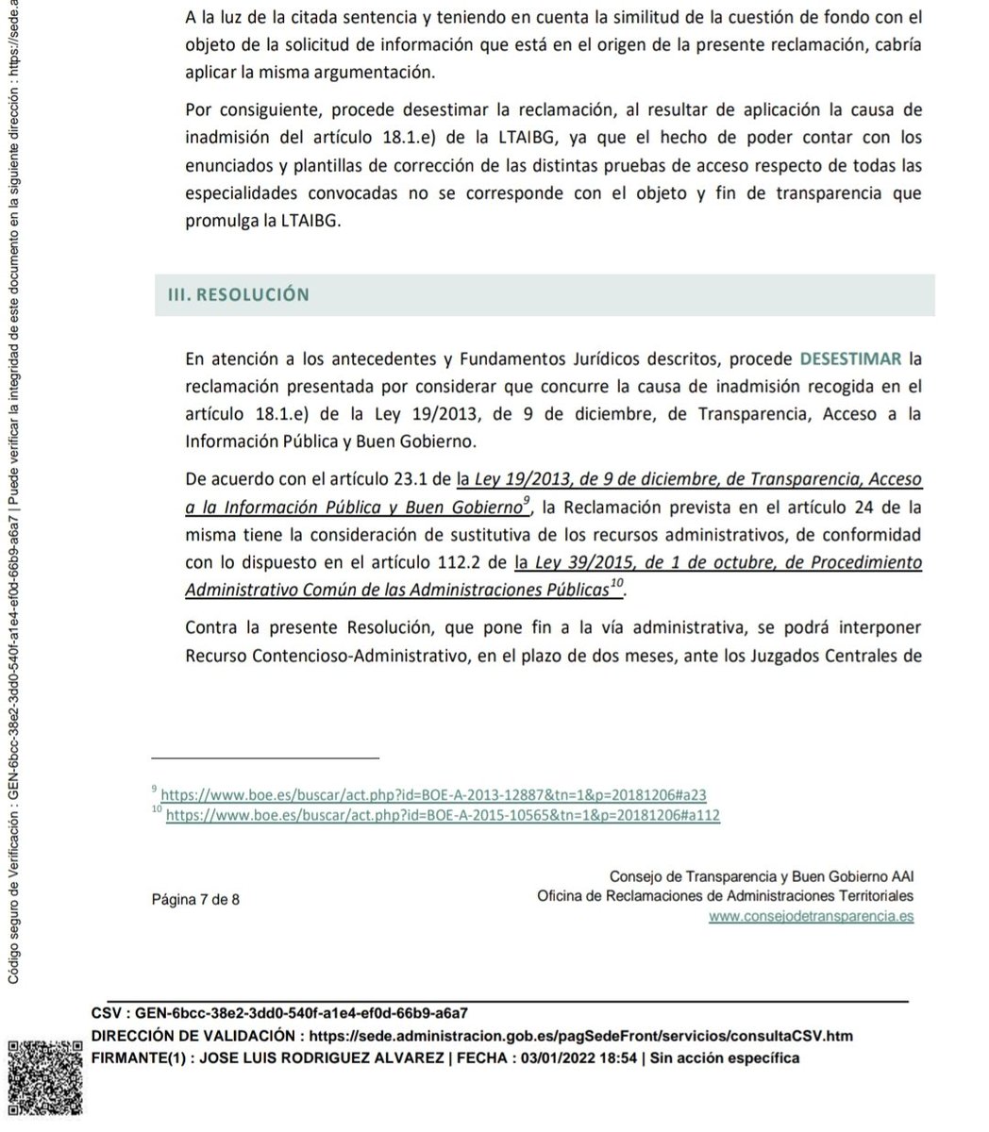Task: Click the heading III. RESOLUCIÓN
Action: pyautogui.click(x=231, y=294)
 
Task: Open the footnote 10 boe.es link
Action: pyautogui.click(x=444, y=815)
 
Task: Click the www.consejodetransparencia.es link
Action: pyautogui.click(x=811, y=915)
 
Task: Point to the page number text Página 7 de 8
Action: pyautogui.click(x=195, y=899)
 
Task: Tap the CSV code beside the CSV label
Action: pyautogui.click(x=302, y=1014)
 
